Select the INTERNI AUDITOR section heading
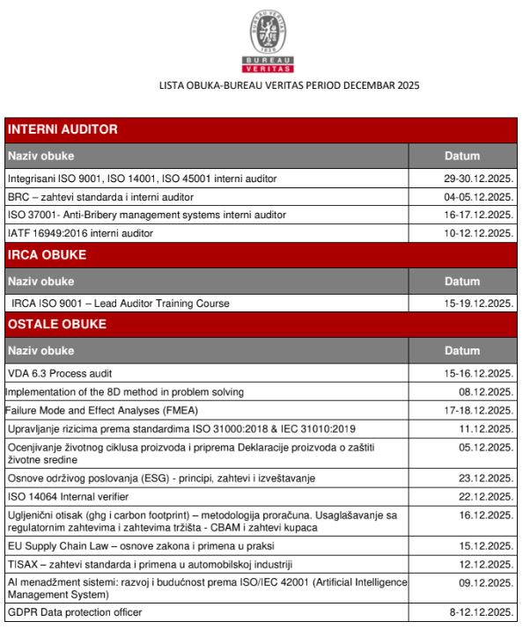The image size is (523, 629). click(x=63, y=130)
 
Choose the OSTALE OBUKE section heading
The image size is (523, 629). click(x=57, y=325)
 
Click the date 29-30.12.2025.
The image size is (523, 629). click(x=479, y=179)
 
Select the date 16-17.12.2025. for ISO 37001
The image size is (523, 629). click(x=479, y=215)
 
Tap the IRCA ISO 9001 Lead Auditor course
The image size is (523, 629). click(x=121, y=304)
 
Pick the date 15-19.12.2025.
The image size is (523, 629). click(x=479, y=304)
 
